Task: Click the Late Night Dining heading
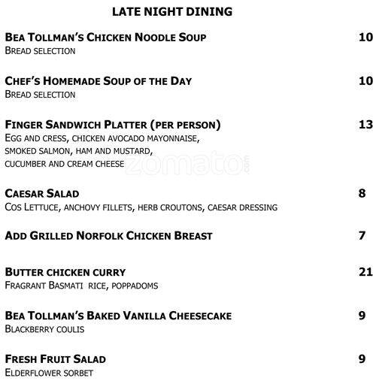point(171,12)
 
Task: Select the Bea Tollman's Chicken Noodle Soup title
point(105,37)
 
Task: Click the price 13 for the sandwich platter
point(365,124)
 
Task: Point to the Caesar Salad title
point(42,193)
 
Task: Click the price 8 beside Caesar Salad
point(362,193)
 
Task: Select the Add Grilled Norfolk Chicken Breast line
point(108,236)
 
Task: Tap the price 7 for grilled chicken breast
point(362,236)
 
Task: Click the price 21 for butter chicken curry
point(365,271)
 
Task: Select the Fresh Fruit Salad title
point(55,358)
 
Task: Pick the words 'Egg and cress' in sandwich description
point(32,139)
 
